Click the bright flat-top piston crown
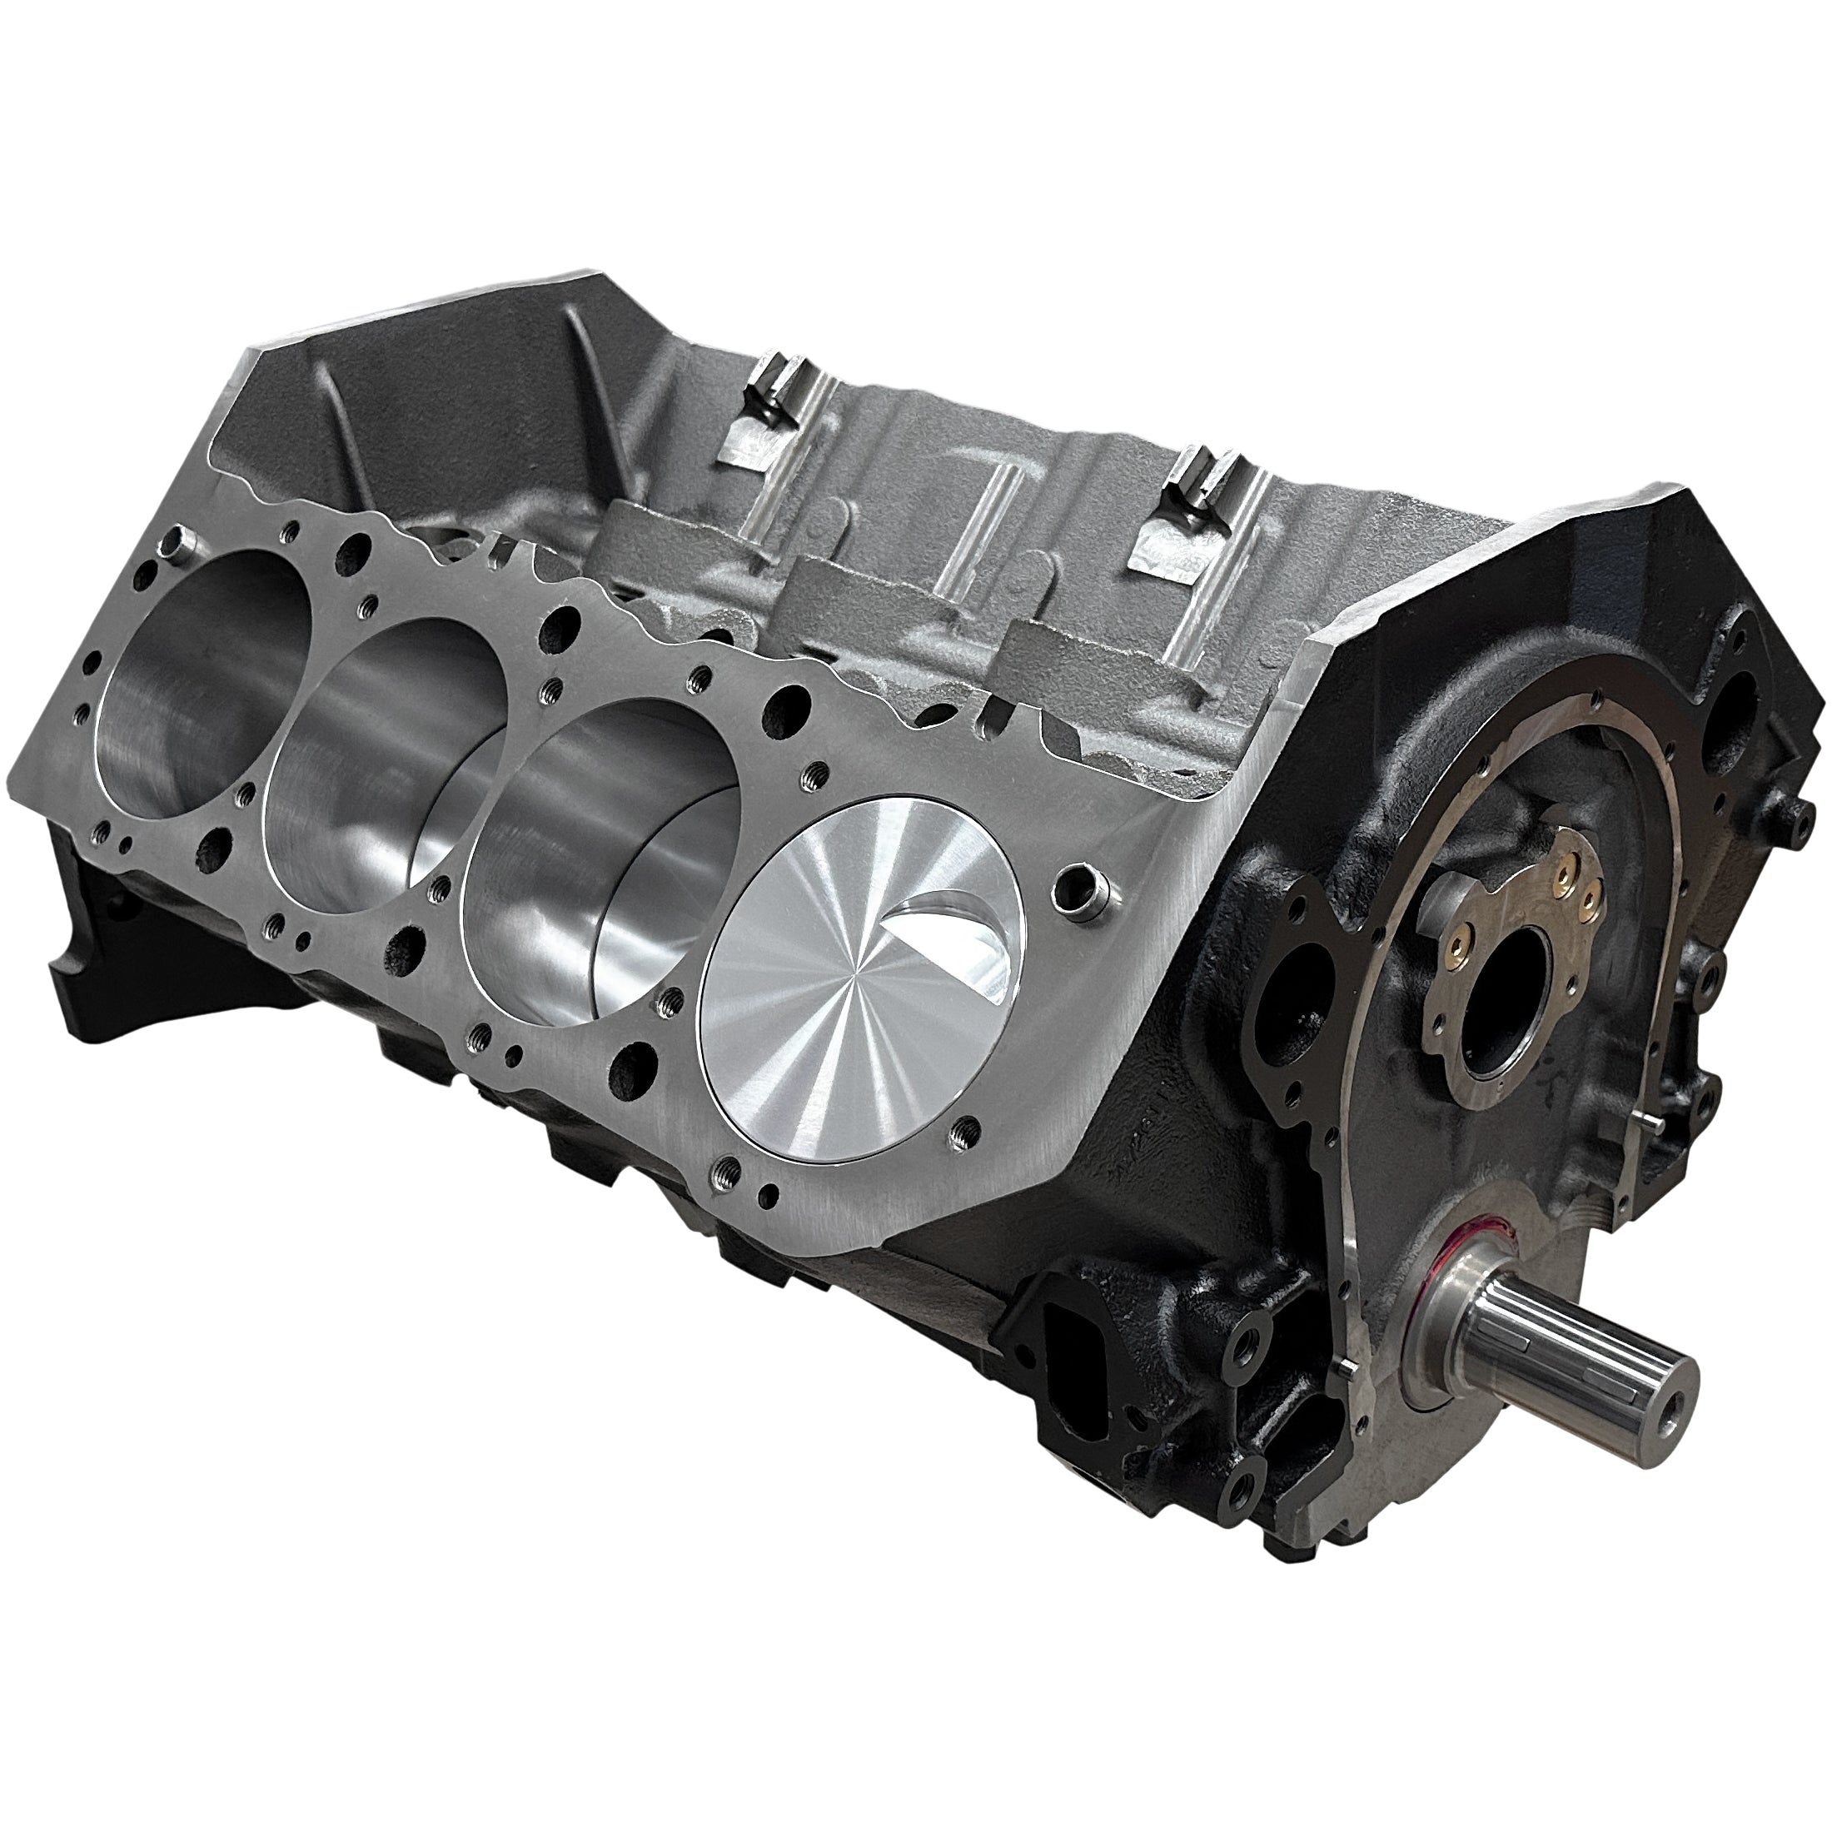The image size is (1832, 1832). coord(854,1019)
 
